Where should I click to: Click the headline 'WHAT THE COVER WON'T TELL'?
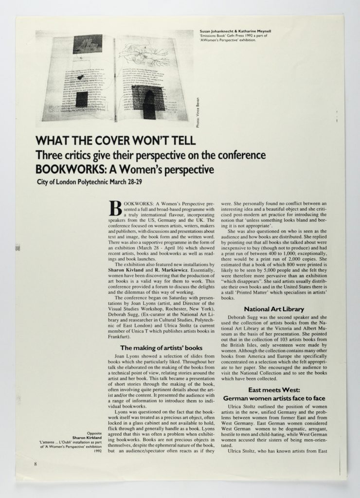(115, 142)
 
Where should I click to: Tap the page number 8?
(36, 464)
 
